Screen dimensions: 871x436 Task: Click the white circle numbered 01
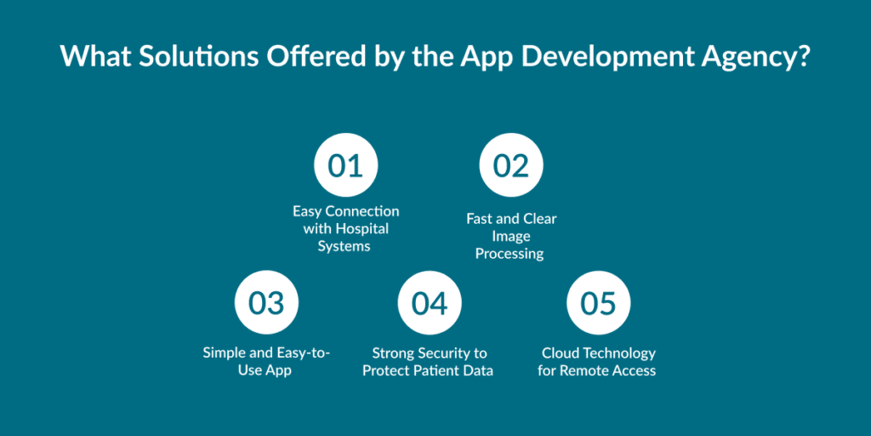click(x=345, y=165)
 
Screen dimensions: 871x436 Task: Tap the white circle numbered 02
click(x=511, y=165)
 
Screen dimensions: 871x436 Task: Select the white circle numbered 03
click(x=266, y=302)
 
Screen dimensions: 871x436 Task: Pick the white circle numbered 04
click(x=430, y=302)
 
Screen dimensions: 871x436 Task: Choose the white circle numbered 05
click(x=598, y=302)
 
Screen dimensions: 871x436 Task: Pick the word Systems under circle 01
click(x=344, y=246)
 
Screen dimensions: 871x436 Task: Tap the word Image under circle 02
click(x=511, y=237)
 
